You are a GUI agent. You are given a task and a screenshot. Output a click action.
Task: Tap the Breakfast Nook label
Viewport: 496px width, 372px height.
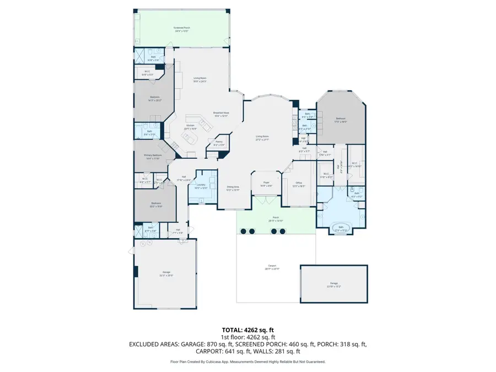(221, 112)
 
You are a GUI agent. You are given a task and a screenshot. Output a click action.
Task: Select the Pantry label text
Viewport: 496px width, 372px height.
(218, 143)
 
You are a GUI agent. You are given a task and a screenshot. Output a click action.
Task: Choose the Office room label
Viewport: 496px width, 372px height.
(298, 184)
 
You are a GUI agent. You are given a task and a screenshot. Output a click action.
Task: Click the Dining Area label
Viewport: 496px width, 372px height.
(233, 187)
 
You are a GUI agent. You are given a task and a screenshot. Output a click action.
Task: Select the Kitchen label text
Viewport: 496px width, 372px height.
(190, 126)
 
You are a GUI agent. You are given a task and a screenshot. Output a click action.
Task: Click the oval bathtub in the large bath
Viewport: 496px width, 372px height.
(340, 228)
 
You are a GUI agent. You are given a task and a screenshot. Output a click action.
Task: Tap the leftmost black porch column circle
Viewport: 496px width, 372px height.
(244, 231)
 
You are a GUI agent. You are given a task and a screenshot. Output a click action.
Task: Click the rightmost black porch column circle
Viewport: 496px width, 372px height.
(282, 231)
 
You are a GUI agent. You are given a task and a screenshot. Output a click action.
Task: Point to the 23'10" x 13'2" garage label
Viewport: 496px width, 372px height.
(334, 287)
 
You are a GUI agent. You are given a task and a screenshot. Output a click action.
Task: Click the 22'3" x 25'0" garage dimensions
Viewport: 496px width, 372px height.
(166, 275)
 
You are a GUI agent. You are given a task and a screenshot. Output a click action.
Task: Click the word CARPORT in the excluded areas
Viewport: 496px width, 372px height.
(209, 351)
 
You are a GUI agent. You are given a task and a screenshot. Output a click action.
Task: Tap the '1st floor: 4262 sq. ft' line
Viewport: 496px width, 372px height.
(247, 336)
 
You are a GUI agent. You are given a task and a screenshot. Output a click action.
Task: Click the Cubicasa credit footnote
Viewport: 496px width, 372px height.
(247, 362)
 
